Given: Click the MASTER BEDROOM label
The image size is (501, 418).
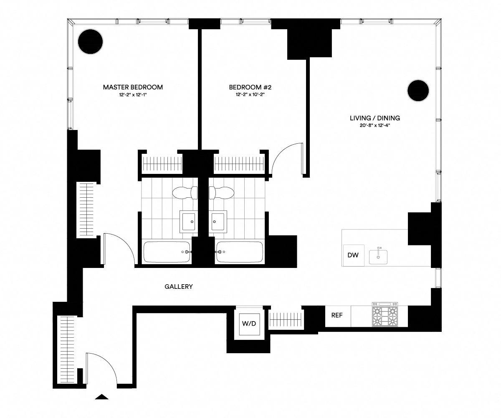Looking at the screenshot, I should point(133,87).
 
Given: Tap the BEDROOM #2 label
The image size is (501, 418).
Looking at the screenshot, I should point(250,87).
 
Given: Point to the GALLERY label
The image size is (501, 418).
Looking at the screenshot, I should point(179,287).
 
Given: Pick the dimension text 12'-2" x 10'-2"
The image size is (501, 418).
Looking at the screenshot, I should point(250,95).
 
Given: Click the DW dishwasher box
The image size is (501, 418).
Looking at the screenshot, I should point(353,255).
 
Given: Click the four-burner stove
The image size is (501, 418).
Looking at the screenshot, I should point(385,316).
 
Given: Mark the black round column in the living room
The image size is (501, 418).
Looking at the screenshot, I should point(418,91).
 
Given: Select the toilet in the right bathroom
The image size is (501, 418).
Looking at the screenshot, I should point(222,193).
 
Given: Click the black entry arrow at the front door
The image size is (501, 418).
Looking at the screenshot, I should point(102,397).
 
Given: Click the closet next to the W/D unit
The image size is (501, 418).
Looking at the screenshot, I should point(285,319).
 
